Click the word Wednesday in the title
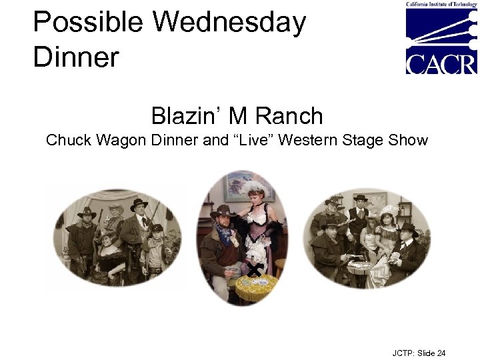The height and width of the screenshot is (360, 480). tap(229, 23)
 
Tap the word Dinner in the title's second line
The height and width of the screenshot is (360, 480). tap(76, 57)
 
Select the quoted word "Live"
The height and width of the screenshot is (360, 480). tap(251, 141)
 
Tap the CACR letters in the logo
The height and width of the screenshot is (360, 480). tap(441, 64)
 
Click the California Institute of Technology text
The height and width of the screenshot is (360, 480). tap(441, 5)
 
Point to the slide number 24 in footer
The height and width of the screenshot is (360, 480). tap(440, 353)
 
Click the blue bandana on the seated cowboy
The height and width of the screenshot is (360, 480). tap(225, 236)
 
